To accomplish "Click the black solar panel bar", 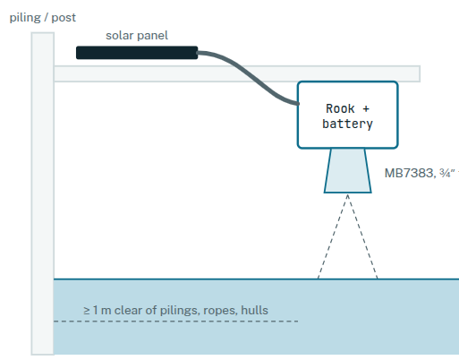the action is click(x=137, y=53).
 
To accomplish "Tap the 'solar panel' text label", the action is click(x=137, y=36).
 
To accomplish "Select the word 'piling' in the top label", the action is click(x=25, y=18).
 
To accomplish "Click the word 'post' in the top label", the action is click(x=64, y=18).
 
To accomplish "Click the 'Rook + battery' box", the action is click(x=347, y=115).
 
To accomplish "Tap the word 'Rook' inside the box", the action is click(x=340, y=108).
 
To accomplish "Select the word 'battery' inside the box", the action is click(x=347, y=124).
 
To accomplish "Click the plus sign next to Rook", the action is click(x=366, y=109).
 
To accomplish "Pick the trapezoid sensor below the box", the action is click(x=347, y=170).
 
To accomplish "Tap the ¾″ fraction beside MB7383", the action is click(x=446, y=173).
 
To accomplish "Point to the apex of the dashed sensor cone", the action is click(x=347, y=194).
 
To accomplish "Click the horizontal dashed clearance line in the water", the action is click(x=176, y=321).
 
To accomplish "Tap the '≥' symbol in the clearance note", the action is click(x=87, y=311).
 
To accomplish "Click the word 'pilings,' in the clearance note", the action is click(x=180, y=311).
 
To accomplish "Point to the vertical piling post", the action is click(x=43, y=193).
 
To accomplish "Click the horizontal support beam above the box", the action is click(x=237, y=73).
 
